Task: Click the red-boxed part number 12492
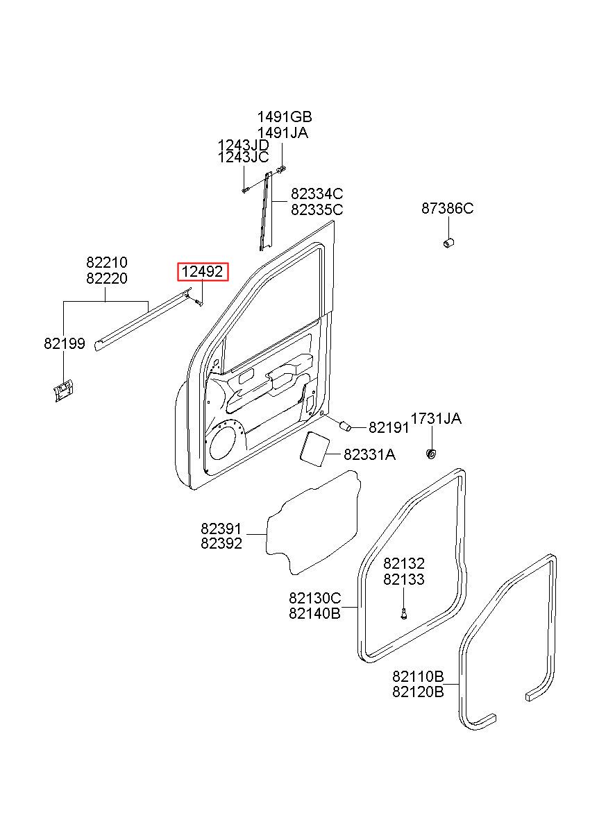pos(202,272)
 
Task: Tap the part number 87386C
pos(447,208)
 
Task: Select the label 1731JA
pos(436,418)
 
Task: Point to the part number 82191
pos(389,427)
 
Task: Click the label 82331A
pos(369,455)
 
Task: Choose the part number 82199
pos(65,343)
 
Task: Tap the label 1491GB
pos(285,117)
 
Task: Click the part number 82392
pos(221,543)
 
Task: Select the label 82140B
pos(315,613)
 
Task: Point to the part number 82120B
pos(418,691)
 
